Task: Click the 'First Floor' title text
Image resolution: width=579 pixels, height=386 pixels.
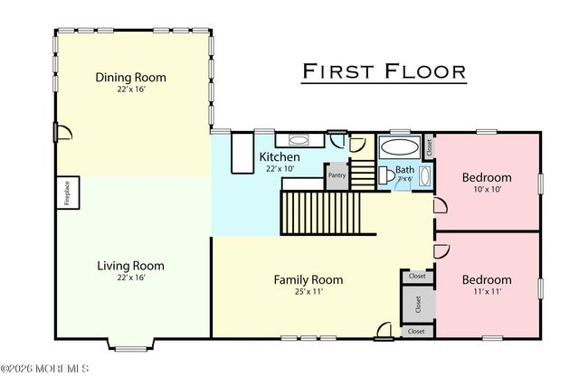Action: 384,71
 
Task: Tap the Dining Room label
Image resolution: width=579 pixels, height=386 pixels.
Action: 131,78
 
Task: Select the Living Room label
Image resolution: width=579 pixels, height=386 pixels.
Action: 131,266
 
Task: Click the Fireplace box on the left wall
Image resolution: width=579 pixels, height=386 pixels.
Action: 68,193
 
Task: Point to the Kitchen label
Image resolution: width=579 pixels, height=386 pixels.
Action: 280,156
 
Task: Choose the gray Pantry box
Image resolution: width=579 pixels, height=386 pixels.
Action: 337,175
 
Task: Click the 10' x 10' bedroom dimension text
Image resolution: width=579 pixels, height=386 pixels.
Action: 487,190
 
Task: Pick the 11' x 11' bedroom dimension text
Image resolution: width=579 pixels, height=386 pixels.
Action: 487,293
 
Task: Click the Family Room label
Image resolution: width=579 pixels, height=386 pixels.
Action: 308,279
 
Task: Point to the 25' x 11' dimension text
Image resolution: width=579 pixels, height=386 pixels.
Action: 308,292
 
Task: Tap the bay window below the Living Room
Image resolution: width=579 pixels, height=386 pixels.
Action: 131,344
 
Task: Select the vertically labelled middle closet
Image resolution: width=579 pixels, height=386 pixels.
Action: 417,304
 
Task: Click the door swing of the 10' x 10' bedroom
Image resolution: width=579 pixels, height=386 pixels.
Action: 441,206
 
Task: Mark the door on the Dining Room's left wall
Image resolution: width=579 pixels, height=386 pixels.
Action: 57,134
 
